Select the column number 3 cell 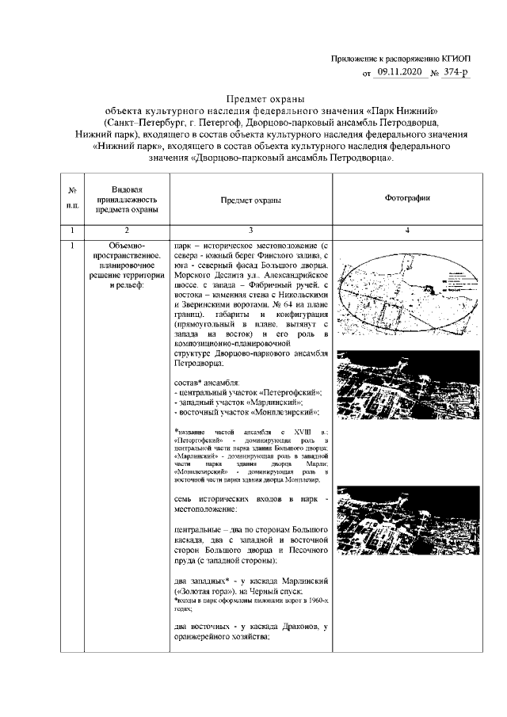coord(250,230)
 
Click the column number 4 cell coord(406,230)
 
